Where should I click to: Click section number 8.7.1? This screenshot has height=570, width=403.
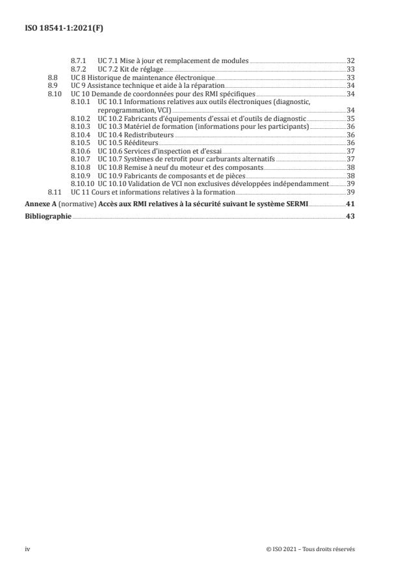(x=79, y=60)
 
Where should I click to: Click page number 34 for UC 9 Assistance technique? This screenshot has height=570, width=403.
(x=350, y=85)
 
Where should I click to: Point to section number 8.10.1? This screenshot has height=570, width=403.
(x=81, y=102)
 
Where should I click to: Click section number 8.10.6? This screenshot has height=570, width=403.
(x=81, y=152)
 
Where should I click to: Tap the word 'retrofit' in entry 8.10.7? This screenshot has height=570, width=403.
(x=169, y=160)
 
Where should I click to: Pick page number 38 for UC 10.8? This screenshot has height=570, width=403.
(x=350, y=168)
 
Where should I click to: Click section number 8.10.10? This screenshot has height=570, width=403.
(x=82, y=184)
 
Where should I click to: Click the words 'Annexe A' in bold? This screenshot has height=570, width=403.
(x=39, y=204)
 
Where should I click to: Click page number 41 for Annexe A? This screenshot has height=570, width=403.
(x=350, y=204)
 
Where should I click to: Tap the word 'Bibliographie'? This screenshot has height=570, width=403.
(x=48, y=216)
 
